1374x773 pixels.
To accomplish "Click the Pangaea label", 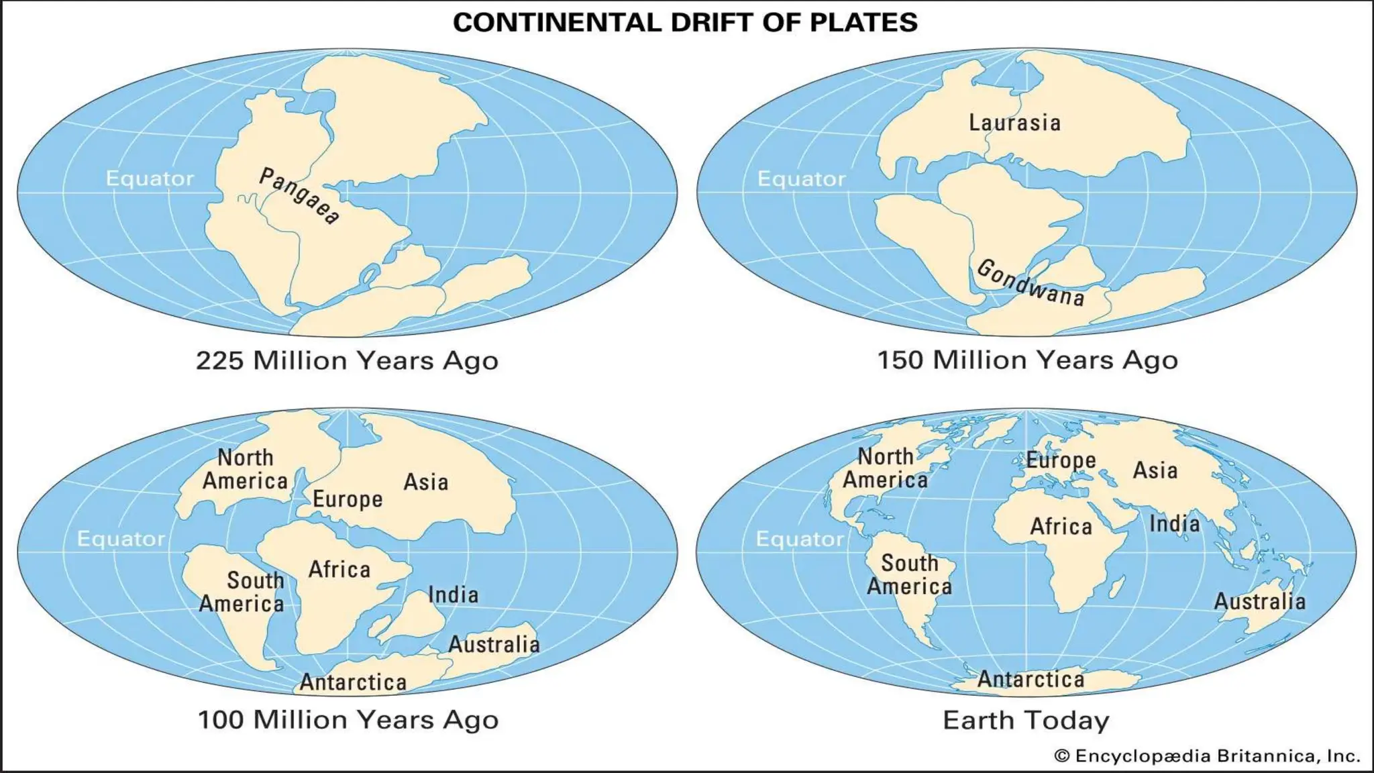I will click(299, 196).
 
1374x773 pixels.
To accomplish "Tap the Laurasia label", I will click(1014, 123).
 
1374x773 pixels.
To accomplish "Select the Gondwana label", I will click(1030, 282).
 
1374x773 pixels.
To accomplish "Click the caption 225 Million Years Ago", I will click(347, 361).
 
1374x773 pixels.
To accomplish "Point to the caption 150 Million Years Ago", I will click(1027, 360).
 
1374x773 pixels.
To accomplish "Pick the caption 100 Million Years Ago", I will click(348, 720).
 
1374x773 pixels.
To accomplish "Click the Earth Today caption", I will click(1026, 721).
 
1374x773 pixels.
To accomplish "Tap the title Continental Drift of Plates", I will click(685, 22).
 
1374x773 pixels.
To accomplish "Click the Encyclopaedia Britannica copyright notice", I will click(1207, 756).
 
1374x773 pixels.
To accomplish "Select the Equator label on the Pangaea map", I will click(150, 178).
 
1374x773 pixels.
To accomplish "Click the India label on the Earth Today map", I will click(1174, 523).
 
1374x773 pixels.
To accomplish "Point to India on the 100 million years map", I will click(453, 595).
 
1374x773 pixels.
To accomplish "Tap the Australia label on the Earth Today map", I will click(1259, 601).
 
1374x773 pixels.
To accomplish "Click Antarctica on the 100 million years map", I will click(353, 682).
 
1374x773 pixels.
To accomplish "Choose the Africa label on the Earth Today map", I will click(1061, 527).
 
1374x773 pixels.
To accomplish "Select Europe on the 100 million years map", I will click(348, 499).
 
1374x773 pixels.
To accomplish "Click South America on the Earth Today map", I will click(909, 574).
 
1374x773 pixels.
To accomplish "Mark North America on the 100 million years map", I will click(245, 469).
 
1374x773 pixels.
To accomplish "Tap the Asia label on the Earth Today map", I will click(1155, 470).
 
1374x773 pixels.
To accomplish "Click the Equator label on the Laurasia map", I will click(801, 179).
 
